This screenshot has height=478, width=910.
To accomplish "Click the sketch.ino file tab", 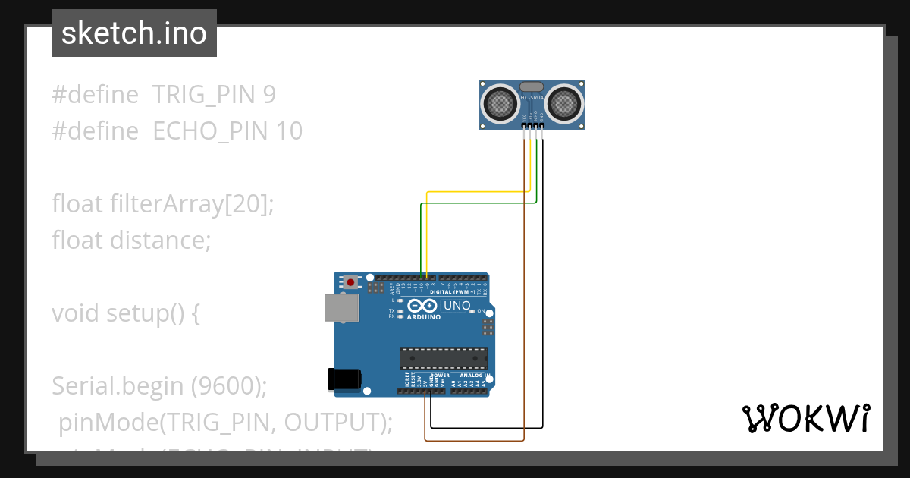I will tap(134, 33).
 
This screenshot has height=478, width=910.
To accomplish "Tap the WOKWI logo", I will tap(805, 418).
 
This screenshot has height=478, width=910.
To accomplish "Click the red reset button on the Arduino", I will tap(350, 282).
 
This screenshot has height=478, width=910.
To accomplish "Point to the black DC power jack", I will tap(344, 379).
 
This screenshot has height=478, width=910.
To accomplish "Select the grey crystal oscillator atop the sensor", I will tap(532, 88).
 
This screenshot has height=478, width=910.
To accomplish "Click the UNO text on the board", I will tap(457, 306).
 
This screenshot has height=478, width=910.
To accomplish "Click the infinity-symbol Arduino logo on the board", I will tap(423, 306).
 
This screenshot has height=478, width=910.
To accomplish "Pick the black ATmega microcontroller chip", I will tap(444, 358).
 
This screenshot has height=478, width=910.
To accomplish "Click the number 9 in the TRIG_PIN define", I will tap(269, 95).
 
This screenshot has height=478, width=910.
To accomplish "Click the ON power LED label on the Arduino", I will tap(481, 311).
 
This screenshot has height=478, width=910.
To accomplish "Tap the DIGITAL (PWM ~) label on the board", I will tap(452, 292).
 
